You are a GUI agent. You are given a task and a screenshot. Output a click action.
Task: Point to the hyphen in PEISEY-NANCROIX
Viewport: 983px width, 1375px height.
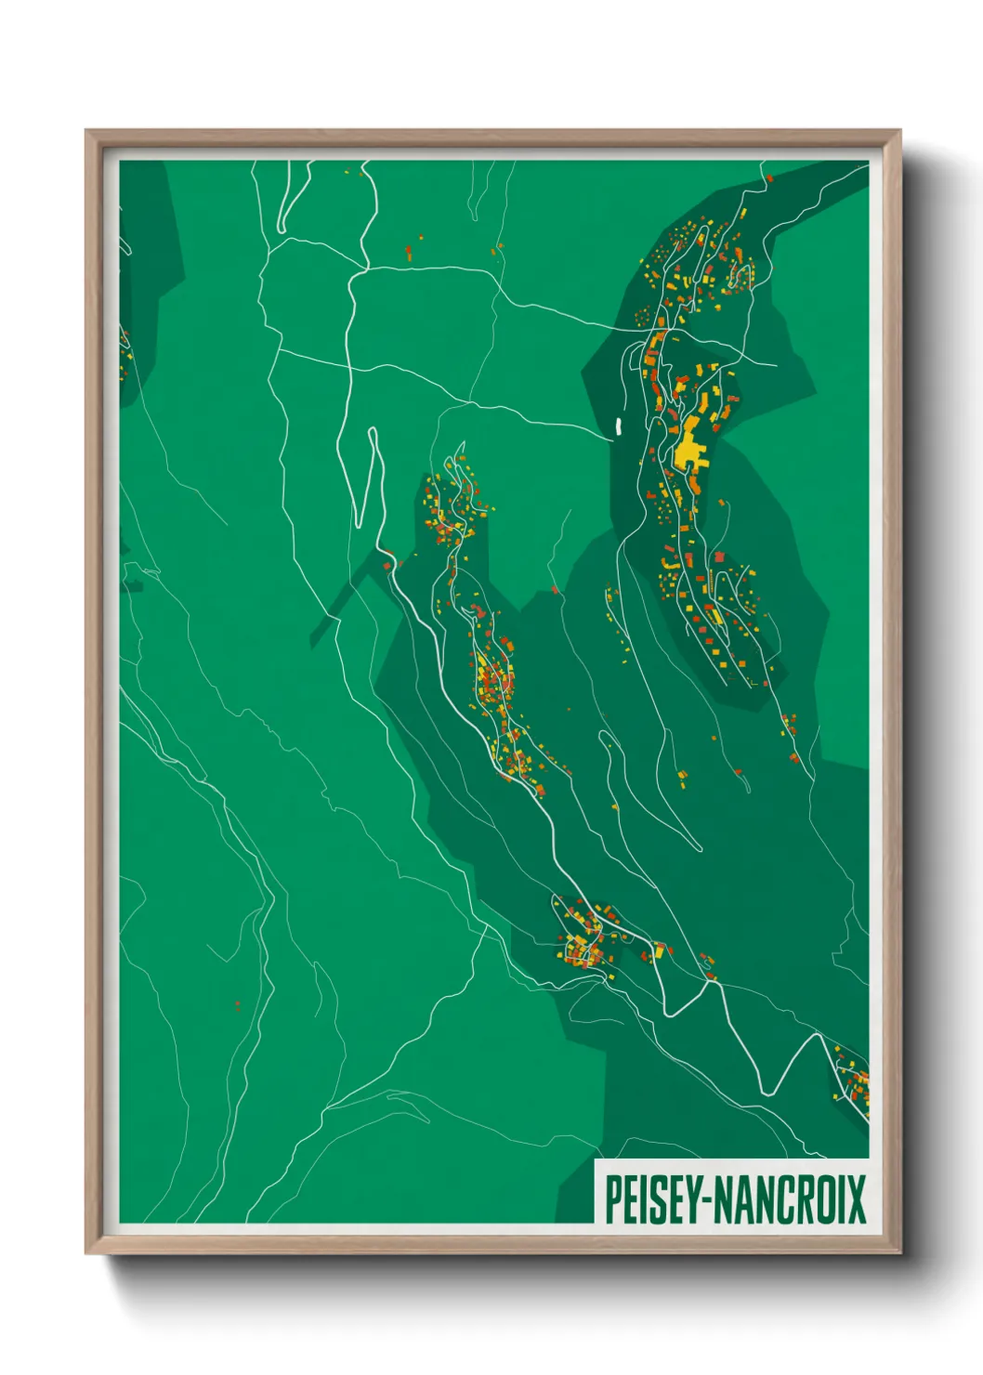pos(714,1200)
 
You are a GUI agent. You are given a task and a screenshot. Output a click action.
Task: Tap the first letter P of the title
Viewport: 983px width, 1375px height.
pos(613,1198)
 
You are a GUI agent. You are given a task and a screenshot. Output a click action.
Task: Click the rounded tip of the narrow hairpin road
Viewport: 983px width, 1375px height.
pos(373,431)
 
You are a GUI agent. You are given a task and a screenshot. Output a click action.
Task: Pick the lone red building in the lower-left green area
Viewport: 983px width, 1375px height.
pos(238,1004)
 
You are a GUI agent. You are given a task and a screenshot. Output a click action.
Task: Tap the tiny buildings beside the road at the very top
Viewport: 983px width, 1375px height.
pos(354,172)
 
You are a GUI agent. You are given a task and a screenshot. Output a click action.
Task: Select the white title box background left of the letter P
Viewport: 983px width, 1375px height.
pos(600,1198)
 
